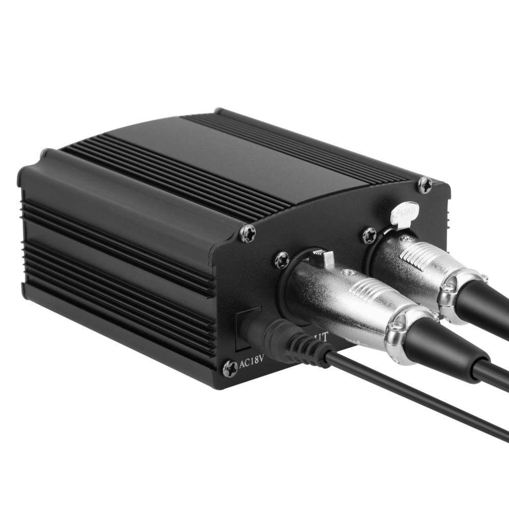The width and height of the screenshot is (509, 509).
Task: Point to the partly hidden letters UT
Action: [321, 336]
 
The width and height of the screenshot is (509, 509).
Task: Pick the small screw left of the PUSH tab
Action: [370, 235]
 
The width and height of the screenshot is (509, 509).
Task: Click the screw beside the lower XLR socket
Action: [282, 260]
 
